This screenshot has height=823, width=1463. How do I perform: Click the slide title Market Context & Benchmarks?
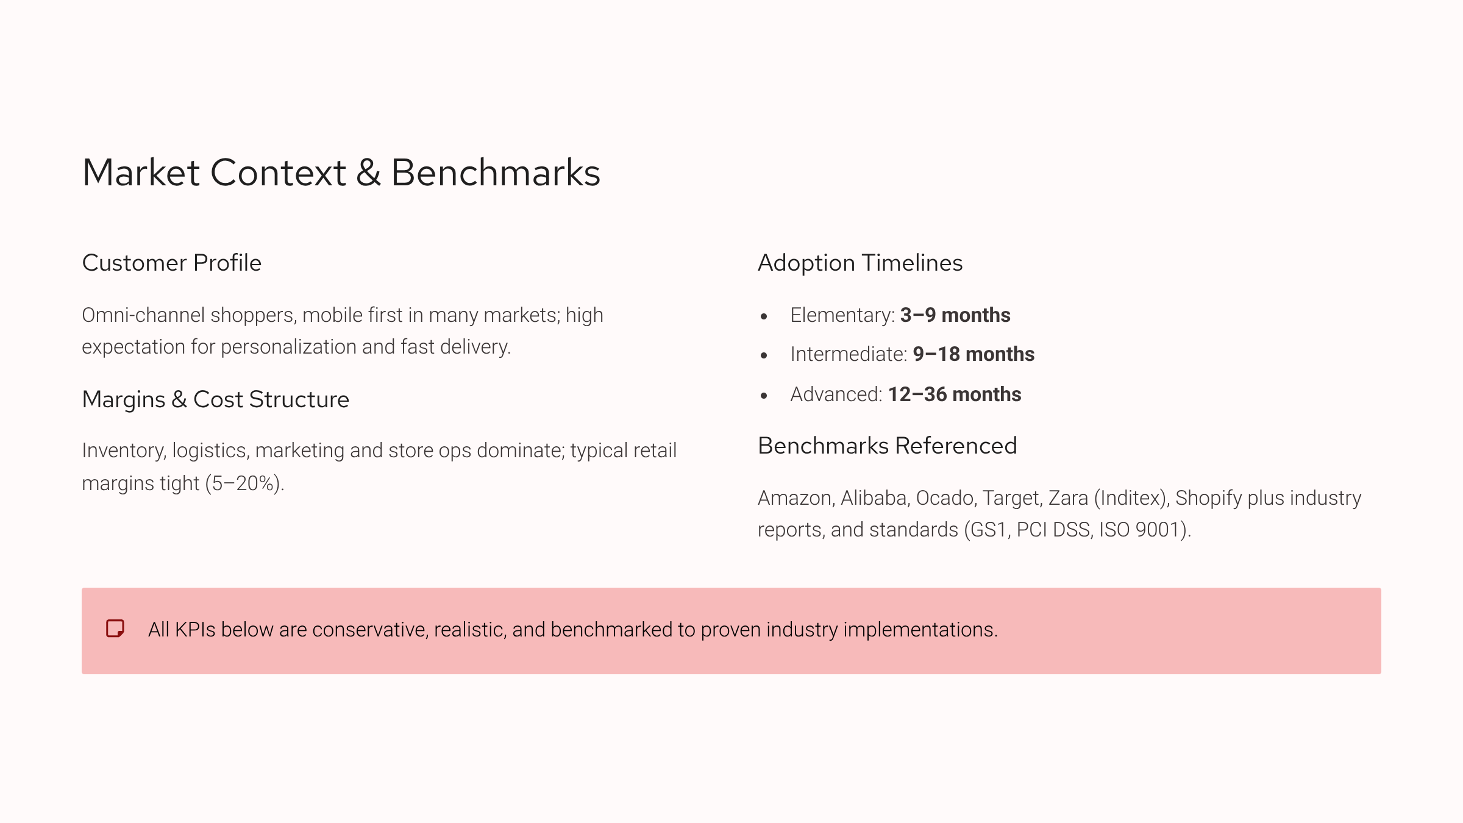point(341,173)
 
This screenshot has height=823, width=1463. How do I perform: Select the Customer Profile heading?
point(172,263)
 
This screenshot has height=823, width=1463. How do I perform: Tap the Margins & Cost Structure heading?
point(216,399)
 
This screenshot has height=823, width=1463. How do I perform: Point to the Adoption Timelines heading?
point(860,263)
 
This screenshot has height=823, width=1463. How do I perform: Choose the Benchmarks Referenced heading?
point(888,446)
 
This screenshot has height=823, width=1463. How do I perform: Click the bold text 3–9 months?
point(955,315)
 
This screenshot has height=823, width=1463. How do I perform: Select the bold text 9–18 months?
point(974,354)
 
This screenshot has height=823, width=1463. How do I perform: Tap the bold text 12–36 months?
point(955,394)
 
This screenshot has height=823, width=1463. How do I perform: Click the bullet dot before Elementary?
point(764,316)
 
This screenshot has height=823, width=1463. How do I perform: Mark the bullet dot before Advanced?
point(764,396)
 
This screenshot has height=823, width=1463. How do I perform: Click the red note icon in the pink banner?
point(115,629)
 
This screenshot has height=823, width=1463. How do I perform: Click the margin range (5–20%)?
point(244,483)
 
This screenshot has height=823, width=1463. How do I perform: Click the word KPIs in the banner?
point(195,630)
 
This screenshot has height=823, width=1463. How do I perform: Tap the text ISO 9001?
point(1143,530)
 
